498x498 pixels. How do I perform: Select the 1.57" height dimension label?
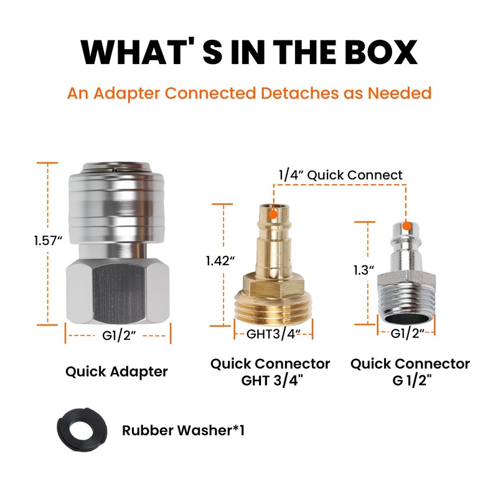pyautogui.click(x=49, y=240)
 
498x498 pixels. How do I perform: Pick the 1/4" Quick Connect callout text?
pyautogui.click(x=340, y=175)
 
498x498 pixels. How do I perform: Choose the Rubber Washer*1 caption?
pyautogui.click(x=183, y=430)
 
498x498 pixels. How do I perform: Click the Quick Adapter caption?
pyautogui.click(x=116, y=372)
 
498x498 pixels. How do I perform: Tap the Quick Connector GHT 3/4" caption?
pyautogui.click(x=270, y=372)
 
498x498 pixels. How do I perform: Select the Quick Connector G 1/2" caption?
pyautogui.click(x=410, y=372)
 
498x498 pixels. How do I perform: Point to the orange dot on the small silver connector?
pyautogui.click(x=406, y=226)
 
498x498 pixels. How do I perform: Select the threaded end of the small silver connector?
pyautogui.click(x=407, y=305)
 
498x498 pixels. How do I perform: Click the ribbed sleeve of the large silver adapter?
pyautogui.click(x=116, y=205)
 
